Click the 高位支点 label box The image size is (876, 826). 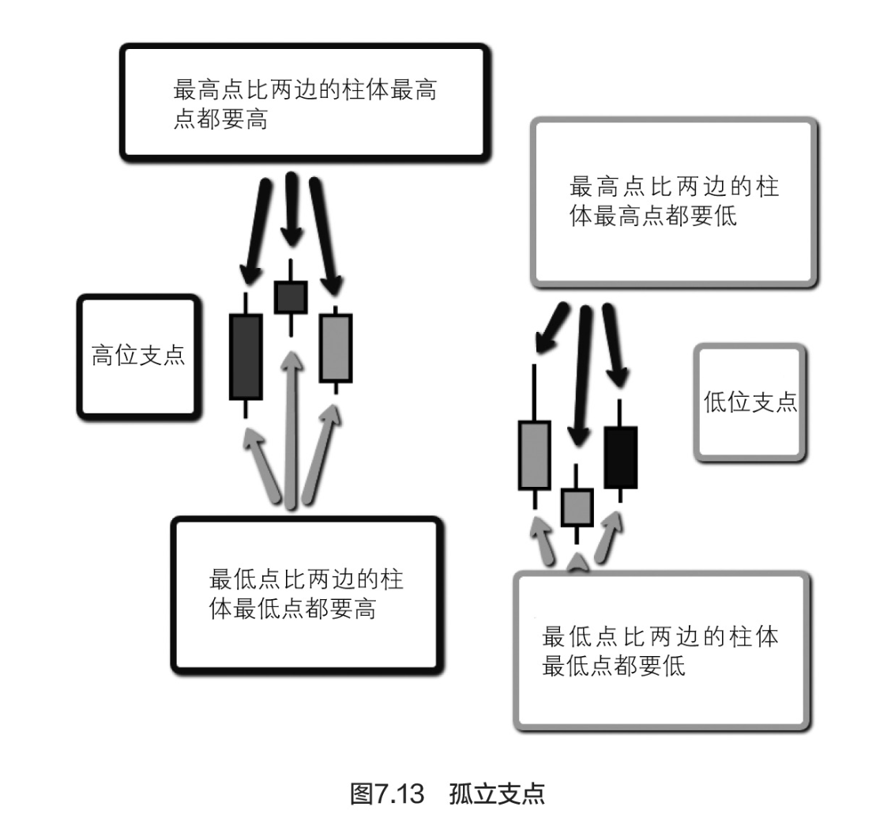tap(137, 356)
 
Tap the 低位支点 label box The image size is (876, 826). tap(750, 402)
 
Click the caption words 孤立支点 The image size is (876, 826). tap(498, 793)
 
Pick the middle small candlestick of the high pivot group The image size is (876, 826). tap(291, 296)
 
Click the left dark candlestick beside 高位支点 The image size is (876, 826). tap(245, 356)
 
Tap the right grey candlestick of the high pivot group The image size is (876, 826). tap(336, 348)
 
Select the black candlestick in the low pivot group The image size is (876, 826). tap(620, 457)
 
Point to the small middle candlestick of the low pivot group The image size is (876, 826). tap(577, 507)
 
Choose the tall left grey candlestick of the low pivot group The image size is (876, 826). tap(534, 454)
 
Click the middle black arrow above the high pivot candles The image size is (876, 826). tap(292, 209)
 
